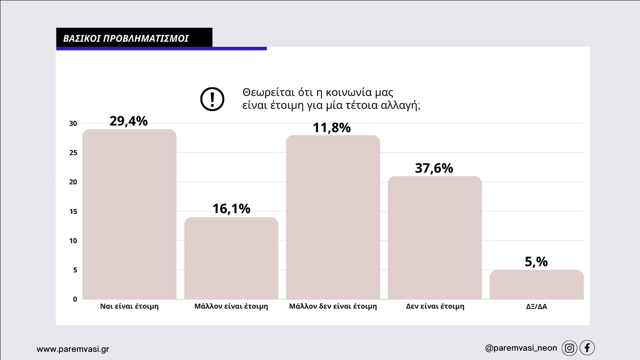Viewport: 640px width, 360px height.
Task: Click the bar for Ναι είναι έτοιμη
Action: coord(129,214)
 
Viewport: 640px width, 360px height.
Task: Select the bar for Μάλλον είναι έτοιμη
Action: coord(231,258)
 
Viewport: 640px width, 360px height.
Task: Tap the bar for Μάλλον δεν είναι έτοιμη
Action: coord(333,217)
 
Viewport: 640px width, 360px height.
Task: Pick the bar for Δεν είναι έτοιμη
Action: coord(434,237)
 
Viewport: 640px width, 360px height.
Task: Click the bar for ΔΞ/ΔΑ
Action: coord(537,285)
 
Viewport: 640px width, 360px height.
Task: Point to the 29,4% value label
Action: coord(128,121)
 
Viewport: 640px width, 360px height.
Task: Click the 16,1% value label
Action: coord(231,209)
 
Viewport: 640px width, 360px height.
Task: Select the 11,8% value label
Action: coord(332,128)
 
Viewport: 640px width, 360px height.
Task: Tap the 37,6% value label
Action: coord(434,168)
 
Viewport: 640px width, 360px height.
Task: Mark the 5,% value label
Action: coord(536,262)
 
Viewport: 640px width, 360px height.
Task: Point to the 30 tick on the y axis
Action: coord(73,123)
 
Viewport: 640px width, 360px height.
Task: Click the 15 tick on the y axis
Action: coord(73,211)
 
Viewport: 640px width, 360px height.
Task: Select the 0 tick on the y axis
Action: coord(75,299)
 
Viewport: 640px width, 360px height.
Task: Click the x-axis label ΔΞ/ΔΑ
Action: coord(536,306)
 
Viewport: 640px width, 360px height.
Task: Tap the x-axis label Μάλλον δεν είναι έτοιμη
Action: coord(333,306)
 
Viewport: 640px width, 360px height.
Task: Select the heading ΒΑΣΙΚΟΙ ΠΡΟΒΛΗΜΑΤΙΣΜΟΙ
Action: coord(126,38)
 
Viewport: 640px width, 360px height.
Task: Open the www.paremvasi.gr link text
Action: coord(72,349)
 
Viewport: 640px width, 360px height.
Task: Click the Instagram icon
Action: coord(569,348)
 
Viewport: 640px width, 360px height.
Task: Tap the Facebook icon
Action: coord(587,348)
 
